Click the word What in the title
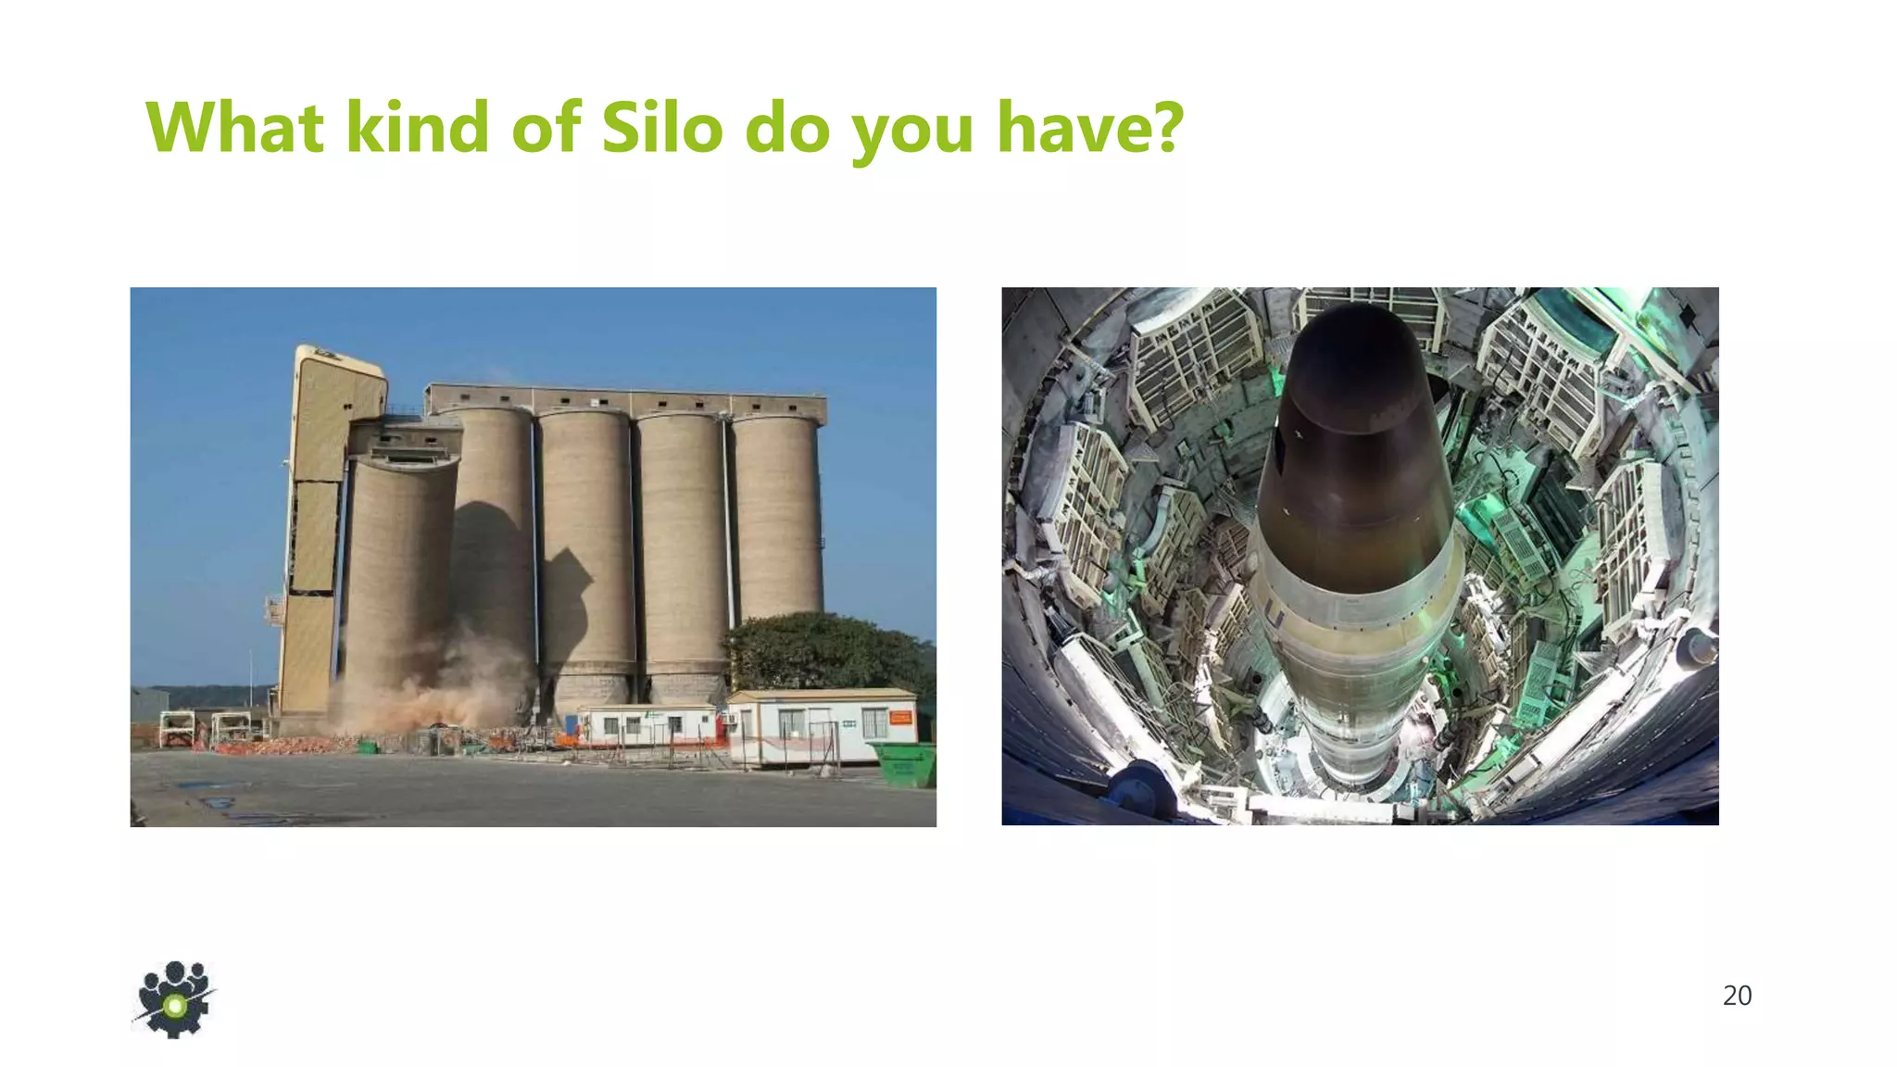[234, 128]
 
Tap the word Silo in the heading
[661, 128]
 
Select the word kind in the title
[417, 128]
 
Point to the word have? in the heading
[1090, 128]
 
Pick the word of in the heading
[546, 128]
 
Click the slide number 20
[1737, 996]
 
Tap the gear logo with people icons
[173, 1000]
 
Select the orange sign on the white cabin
[900, 717]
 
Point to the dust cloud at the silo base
[435, 685]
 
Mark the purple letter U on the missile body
[1275, 614]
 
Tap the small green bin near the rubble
[368, 746]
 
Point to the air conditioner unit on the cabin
[730, 718]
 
